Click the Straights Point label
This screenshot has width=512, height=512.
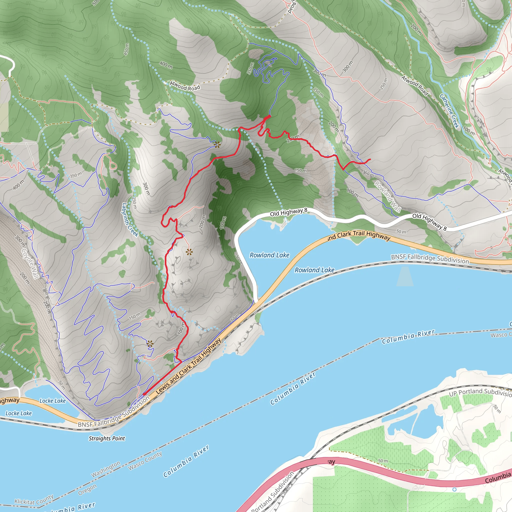point(106,438)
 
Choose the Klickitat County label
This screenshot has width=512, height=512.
point(34,499)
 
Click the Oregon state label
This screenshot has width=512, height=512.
point(87,489)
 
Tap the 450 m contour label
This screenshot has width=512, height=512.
point(126,49)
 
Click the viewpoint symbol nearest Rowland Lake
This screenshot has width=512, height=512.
point(189,252)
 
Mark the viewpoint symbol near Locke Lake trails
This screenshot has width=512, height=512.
point(150,344)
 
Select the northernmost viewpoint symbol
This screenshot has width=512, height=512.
point(217,144)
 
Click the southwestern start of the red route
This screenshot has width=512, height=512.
point(144,394)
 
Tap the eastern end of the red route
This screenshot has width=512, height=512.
point(370,159)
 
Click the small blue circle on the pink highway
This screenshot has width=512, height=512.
point(454,489)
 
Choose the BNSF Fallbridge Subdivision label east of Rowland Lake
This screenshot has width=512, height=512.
point(430,259)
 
